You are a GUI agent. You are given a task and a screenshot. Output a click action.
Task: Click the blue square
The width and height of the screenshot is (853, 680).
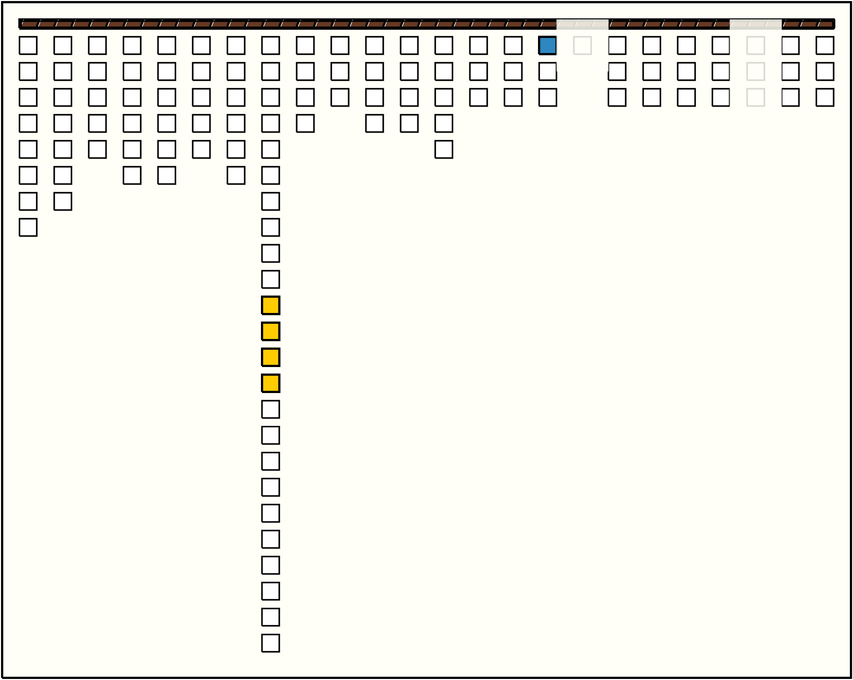[x=547, y=46]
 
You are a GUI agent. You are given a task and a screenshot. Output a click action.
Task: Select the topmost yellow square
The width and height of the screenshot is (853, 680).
[x=270, y=306]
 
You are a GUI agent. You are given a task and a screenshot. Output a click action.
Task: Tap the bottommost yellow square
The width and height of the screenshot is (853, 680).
[x=270, y=384]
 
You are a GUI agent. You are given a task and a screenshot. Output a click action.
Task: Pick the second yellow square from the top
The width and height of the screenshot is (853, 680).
[x=270, y=332]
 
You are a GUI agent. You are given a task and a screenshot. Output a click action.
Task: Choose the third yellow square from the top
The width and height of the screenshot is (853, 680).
[x=270, y=358]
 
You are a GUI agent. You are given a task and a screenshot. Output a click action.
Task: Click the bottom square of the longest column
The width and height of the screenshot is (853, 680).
[x=270, y=643]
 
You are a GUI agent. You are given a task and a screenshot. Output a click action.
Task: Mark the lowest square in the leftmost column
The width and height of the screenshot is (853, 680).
[x=28, y=228]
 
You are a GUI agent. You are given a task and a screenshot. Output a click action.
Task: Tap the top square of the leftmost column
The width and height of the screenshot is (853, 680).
[x=28, y=46]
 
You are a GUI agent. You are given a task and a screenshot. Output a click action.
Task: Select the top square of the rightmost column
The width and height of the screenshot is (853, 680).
[x=825, y=46]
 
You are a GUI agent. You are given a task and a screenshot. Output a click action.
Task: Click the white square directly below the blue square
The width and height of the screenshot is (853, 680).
[x=547, y=72]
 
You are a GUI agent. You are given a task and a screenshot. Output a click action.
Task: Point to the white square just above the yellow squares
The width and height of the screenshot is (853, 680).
[x=270, y=280]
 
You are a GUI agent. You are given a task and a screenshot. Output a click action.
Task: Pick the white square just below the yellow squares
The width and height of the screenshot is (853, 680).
[x=270, y=410]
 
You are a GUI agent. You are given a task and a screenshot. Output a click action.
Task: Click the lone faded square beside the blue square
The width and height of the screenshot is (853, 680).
[x=582, y=46]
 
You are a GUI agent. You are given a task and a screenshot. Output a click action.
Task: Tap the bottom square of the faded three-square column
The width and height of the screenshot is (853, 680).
[x=755, y=98]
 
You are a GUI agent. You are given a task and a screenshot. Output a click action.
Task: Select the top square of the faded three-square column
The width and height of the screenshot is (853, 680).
[x=755, y=46]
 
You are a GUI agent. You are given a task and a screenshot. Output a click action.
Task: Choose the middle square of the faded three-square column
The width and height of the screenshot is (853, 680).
[x=755, y=72]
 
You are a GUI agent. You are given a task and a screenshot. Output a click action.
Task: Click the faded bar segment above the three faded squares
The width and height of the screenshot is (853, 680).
[x=755, y=24]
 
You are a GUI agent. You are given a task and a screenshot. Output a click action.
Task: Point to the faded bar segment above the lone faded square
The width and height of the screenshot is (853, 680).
[x=582, y=24]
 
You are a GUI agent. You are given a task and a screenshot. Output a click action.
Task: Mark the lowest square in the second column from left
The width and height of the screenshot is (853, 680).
[x=62, y=202]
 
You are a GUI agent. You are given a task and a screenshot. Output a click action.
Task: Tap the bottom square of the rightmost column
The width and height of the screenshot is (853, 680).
[x=825, y=98]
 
